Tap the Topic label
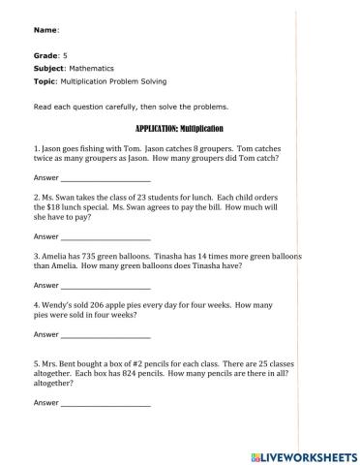(45, 81)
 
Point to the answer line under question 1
(105, 180)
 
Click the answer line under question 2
(105, 236)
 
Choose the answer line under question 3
(105, 287)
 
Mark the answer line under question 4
(105, 336)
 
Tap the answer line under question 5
(105, 402)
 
